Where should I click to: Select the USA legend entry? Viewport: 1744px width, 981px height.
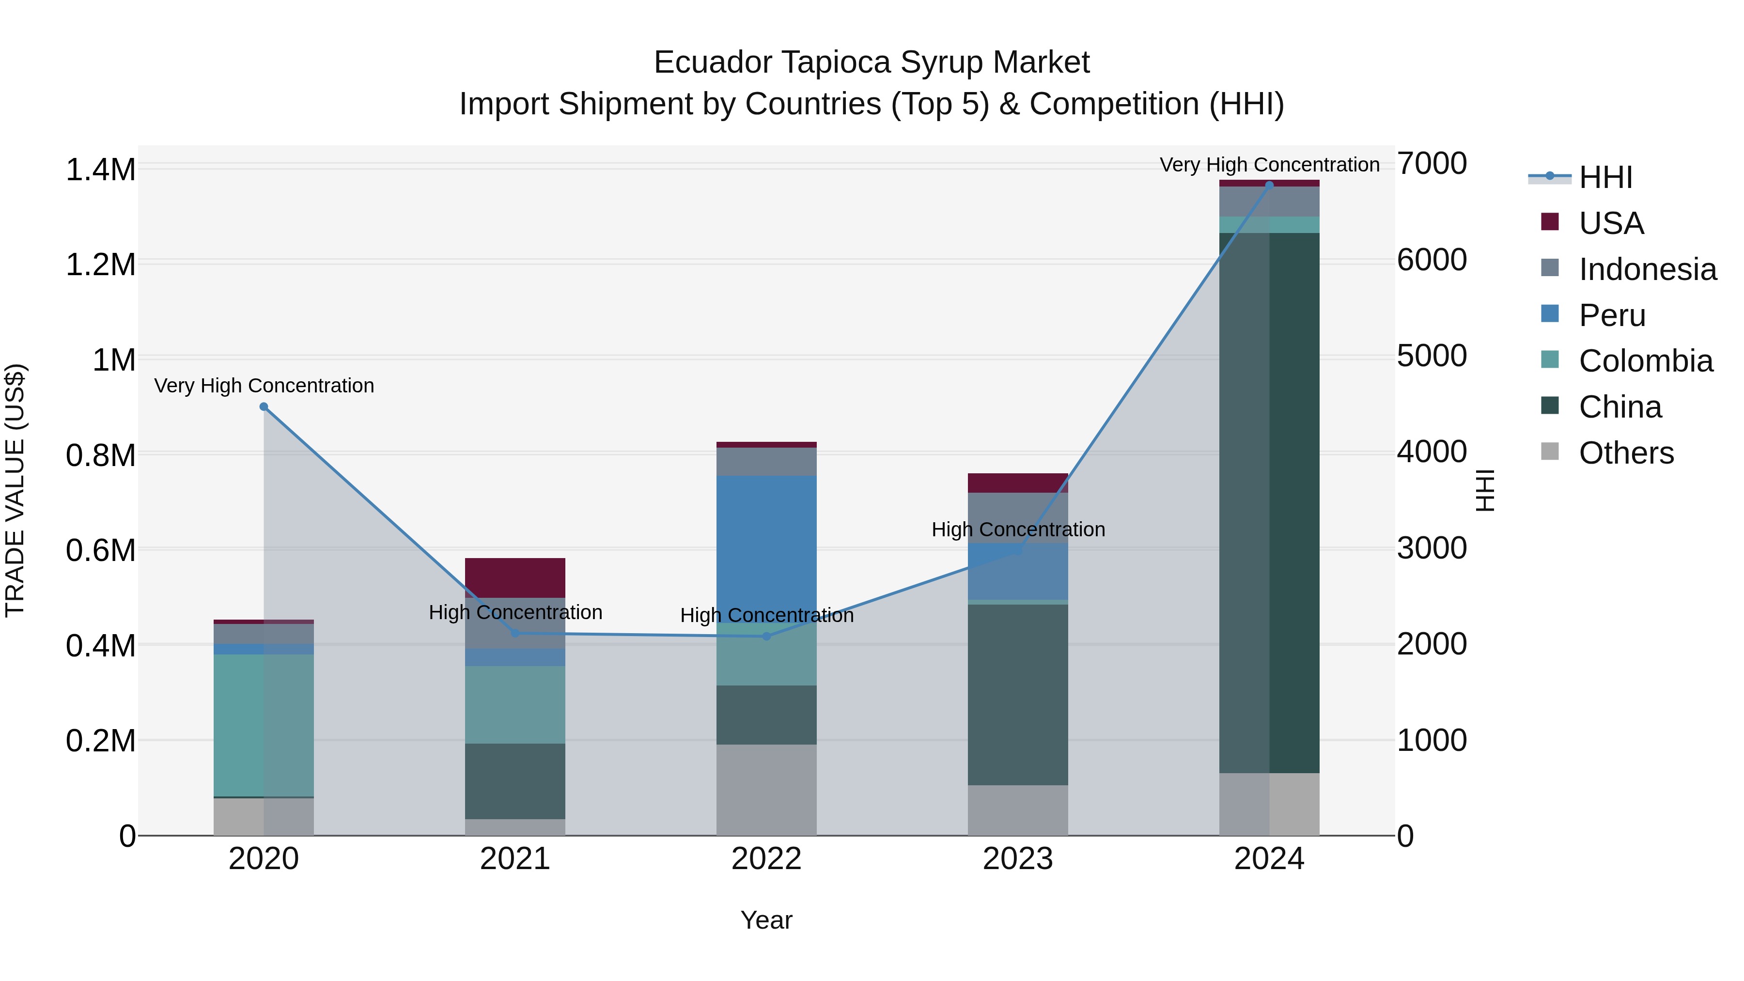1611,223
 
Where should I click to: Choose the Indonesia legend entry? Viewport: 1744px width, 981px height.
1647,269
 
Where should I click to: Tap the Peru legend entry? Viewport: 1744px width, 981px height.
1611,315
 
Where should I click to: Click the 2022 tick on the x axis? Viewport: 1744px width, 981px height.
766,859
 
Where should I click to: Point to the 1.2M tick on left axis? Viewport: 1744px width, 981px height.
100,265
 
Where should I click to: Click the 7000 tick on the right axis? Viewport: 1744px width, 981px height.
1431,164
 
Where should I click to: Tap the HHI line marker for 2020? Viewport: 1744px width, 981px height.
264,407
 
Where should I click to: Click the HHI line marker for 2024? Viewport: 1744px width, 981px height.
1269,185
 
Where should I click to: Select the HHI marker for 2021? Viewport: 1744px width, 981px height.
515,634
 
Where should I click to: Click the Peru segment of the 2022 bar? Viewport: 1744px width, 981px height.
766,542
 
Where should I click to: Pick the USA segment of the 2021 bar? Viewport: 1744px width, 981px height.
515,577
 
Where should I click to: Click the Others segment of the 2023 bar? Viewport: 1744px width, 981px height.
1017,810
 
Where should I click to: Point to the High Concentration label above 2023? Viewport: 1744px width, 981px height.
1017,529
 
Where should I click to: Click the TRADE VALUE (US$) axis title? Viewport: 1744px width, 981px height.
15,490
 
